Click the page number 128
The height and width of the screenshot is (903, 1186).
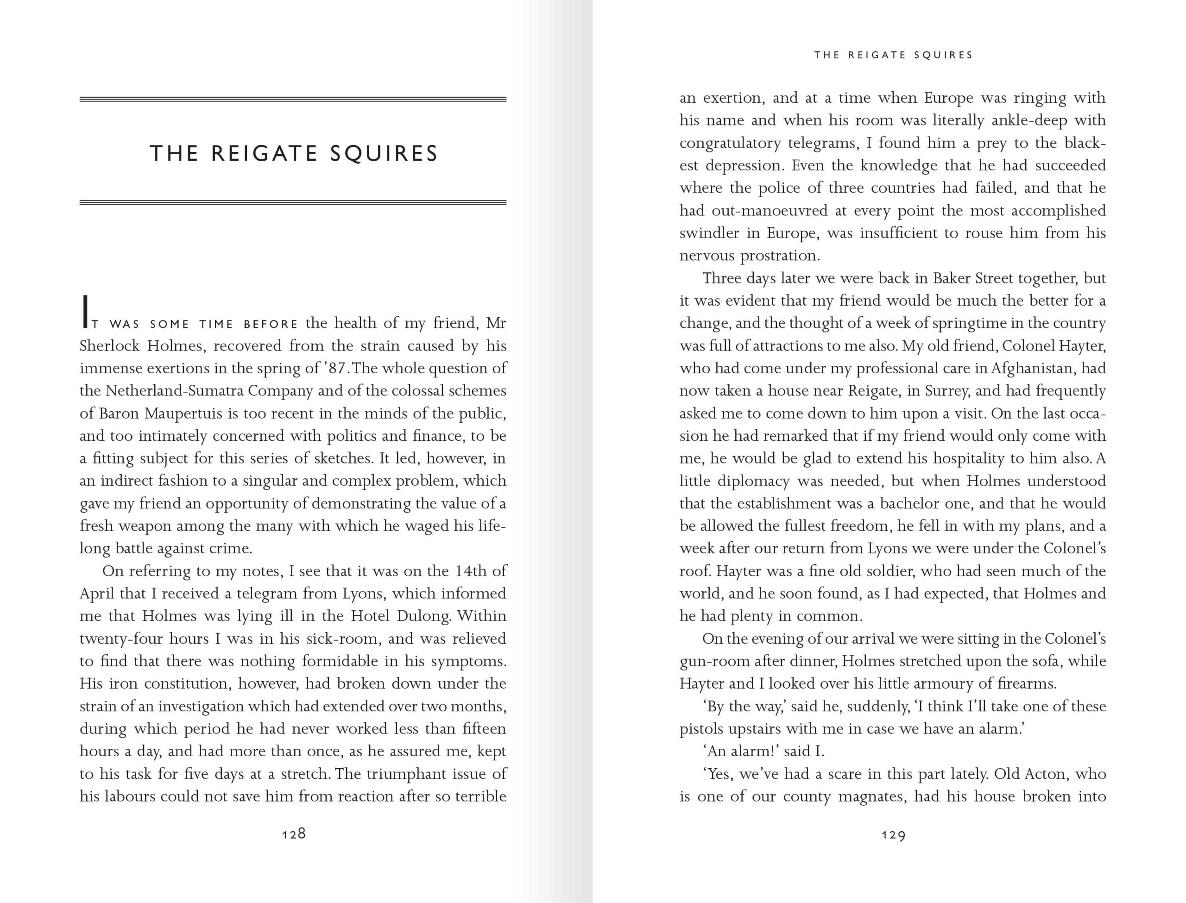(x=294, y=834)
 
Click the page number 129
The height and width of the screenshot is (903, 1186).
(x=893, y=835)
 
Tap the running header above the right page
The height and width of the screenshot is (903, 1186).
(x=893, y=55)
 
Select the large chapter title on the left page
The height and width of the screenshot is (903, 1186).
(x=294, y=154)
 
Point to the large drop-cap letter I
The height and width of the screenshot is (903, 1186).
(x=84, y=312)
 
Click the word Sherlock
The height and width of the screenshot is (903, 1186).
(x=110, y=345)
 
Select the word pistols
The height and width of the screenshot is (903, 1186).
(x=702, y=729)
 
